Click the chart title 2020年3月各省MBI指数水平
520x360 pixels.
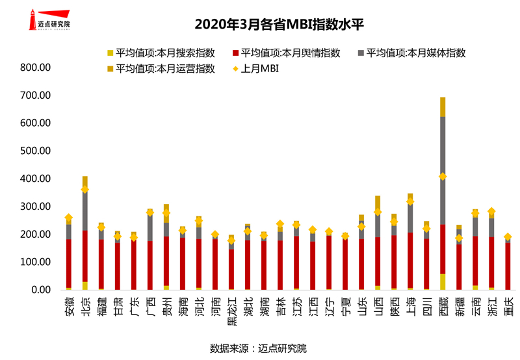(279, 25)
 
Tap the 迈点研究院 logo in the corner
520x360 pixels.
(48, 19)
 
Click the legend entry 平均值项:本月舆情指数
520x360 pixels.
(286, 53)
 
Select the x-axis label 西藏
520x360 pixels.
(443, 305)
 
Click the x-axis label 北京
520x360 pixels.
(85, 305)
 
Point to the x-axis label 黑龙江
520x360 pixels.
(231, 309)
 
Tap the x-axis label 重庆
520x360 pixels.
(508, 305)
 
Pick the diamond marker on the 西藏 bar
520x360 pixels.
(443, 177)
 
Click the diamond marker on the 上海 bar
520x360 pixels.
(410, 202)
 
